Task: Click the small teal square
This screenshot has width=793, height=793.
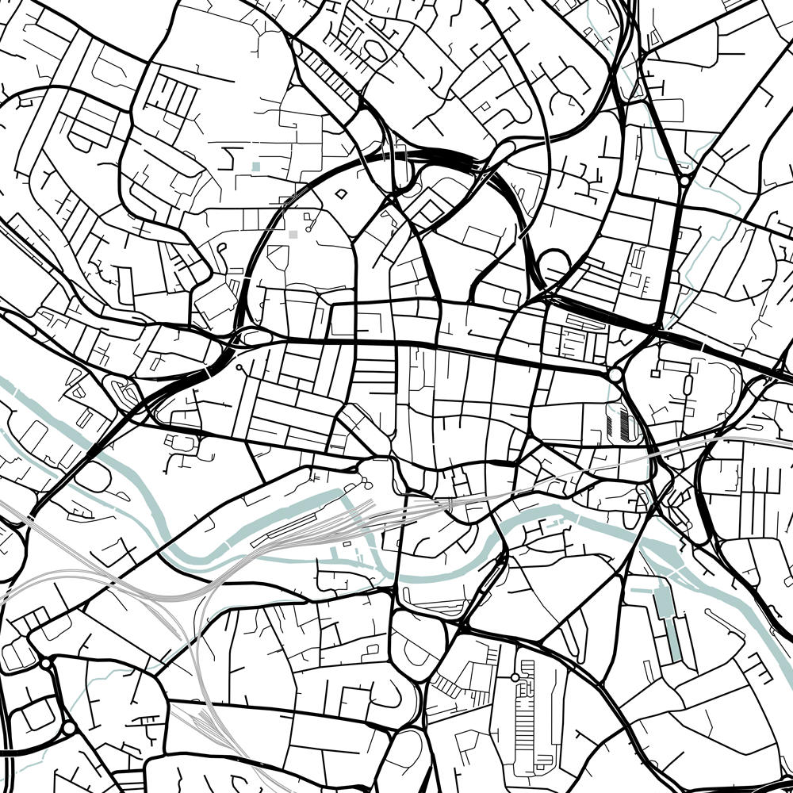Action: (255, 167)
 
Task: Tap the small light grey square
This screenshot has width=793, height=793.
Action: (293, 234)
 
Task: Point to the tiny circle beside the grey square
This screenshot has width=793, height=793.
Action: (308, 214)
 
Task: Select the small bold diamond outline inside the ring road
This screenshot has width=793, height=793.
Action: (341, 193)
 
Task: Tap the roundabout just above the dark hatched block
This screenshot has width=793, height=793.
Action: (615, 374)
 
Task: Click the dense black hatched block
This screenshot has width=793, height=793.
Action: (624, 420)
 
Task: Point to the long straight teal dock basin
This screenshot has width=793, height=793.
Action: (668, 626)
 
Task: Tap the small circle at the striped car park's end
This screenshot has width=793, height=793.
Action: (515, 677)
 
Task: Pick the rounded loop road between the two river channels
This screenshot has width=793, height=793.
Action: (94, 477)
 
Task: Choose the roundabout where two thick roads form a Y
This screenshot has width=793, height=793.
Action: (684, 181)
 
